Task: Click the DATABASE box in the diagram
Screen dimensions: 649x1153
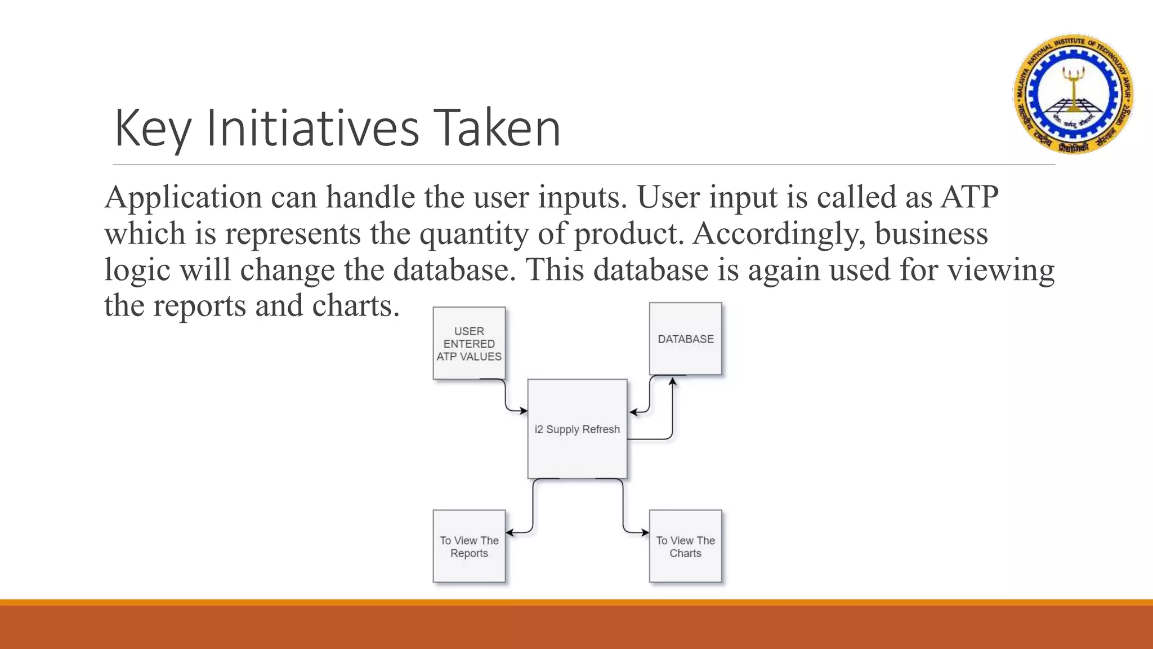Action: (685, 339)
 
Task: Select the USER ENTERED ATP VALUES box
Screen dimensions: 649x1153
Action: (469, 343)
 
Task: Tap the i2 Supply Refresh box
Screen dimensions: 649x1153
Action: (577, 429)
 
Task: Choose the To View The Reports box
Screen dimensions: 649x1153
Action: (469, 546)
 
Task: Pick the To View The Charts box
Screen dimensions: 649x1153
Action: (685, 546)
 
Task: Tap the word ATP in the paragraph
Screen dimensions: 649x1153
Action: (969, 197)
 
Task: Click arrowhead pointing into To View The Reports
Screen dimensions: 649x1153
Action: (510, 532)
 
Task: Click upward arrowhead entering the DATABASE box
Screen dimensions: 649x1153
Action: (672, 381)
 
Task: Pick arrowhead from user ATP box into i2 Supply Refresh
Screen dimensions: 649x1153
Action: (523, 411)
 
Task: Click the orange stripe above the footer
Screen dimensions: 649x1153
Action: (576, 602)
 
